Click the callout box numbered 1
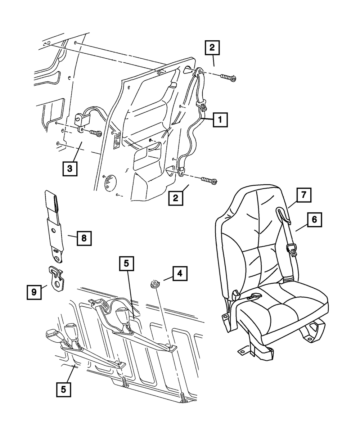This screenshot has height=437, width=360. pos(220,120)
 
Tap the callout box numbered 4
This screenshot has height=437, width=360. pos(180,274)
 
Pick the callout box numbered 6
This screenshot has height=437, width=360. pos(314,220)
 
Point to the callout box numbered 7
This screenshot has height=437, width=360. pos(303,196)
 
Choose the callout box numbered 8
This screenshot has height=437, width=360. pos(84,238)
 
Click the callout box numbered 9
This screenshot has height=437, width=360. pos(34,292)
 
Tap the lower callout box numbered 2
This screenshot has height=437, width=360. pos(175,198)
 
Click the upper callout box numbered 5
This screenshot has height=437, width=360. pos(126,264)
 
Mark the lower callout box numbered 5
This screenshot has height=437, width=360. pos(63,389)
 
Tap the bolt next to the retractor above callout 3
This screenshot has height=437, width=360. pos(95,134)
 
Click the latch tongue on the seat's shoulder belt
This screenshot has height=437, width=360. pos(292,249)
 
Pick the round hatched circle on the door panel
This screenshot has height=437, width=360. pos(112,182)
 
